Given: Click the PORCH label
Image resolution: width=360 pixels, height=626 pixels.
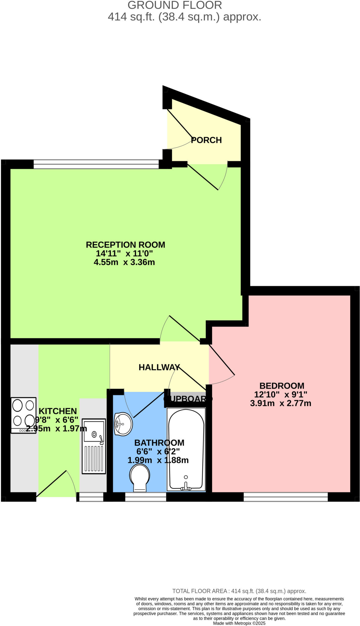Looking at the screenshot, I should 206,140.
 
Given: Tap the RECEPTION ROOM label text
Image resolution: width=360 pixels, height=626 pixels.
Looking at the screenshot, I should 125,245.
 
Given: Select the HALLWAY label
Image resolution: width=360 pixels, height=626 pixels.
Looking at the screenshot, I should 159,367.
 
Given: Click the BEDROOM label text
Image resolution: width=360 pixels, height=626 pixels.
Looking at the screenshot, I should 281,386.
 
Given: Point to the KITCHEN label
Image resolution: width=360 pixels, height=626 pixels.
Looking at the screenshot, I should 58,411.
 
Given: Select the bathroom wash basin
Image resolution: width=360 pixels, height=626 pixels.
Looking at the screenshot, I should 123,424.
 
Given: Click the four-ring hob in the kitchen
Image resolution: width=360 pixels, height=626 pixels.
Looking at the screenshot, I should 24,415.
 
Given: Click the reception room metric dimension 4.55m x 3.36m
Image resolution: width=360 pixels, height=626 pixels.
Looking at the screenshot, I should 124,262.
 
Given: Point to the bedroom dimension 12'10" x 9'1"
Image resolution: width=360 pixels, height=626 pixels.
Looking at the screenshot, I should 280,395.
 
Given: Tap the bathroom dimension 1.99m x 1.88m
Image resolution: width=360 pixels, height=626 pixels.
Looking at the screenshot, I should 158,460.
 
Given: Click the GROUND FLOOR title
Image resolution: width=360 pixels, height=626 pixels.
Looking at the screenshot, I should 175,5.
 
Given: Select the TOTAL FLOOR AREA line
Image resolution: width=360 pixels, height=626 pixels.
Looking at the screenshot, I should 239,591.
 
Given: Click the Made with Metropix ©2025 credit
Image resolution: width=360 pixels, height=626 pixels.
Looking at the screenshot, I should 239,623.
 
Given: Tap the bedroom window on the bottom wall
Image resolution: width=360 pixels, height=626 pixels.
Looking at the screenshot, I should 285,497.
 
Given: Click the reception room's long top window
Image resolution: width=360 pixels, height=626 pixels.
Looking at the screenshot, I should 96,164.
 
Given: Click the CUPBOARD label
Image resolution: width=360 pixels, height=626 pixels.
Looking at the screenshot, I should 188,399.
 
